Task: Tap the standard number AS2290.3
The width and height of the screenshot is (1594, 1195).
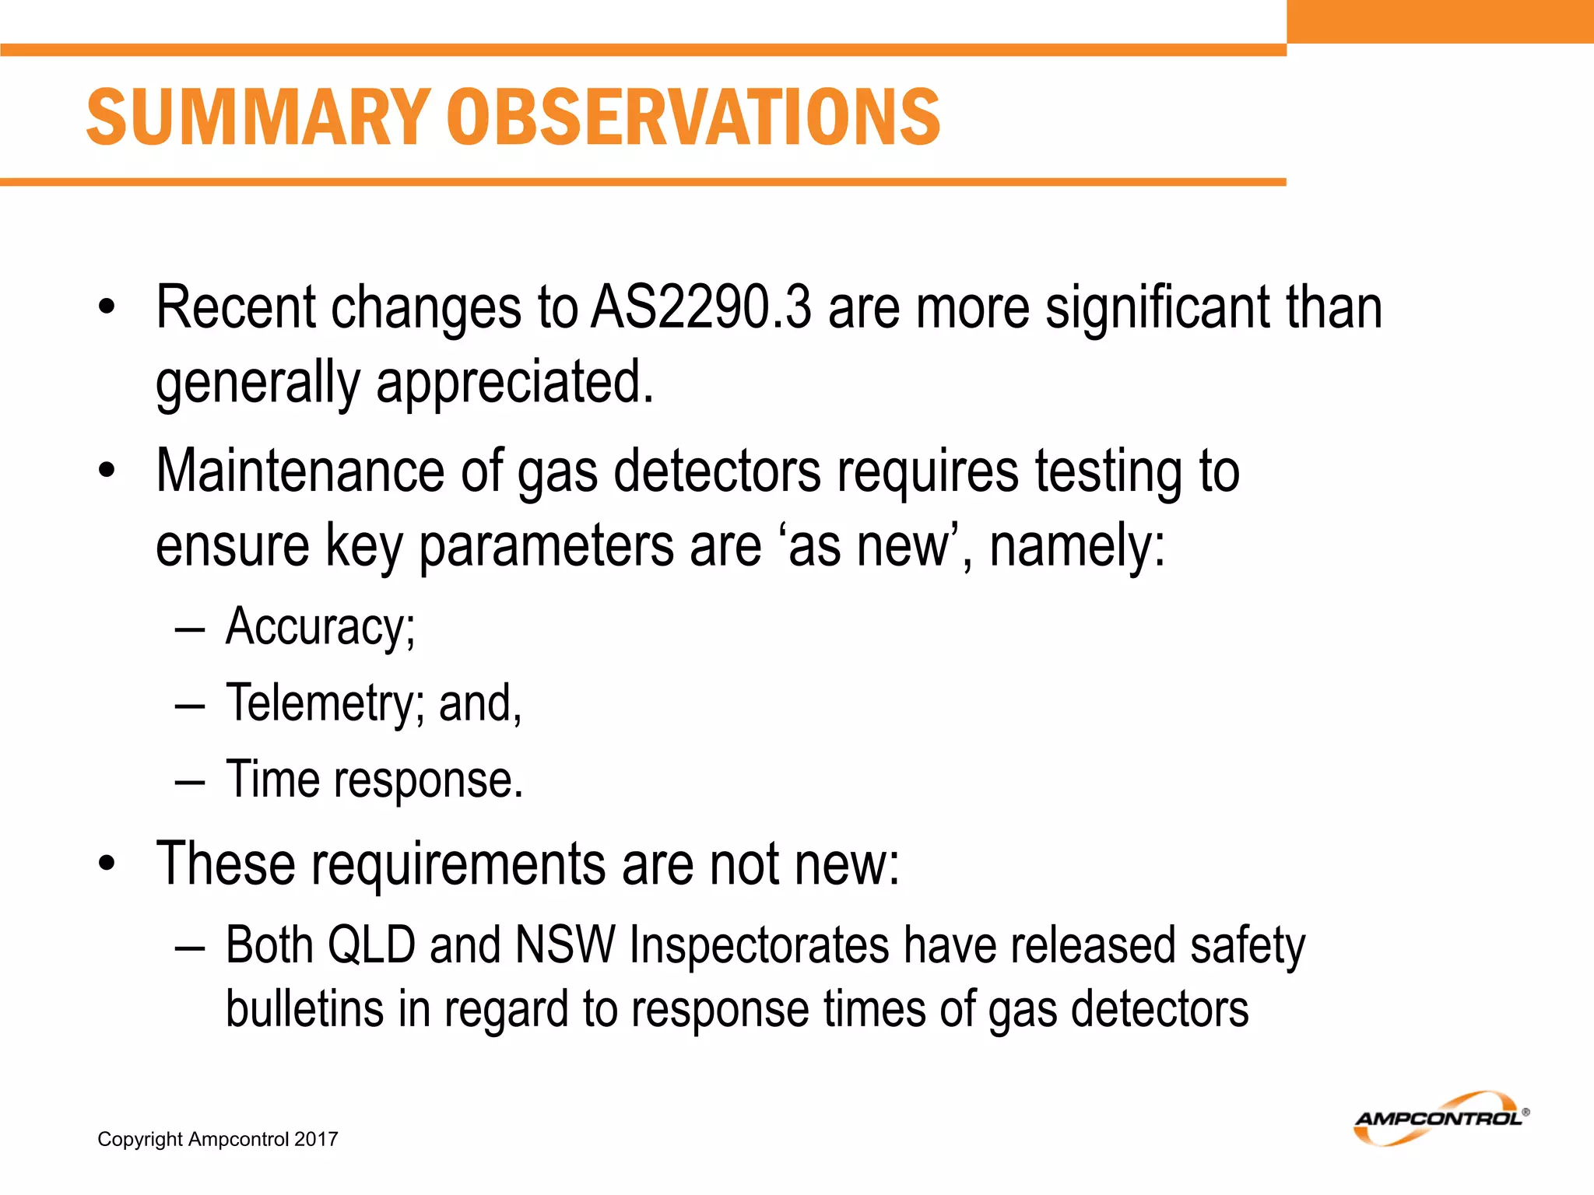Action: (x=700, y=308)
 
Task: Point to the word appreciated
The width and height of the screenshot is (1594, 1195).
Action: (x=514, y=383)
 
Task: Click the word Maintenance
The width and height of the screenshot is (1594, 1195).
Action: (x=300, y=471)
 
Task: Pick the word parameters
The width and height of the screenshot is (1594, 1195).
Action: (x=546, y=546)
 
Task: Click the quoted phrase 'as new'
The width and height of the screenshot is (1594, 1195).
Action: (x=873, y=546)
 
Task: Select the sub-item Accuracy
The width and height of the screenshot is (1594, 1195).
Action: (x=319, y=627)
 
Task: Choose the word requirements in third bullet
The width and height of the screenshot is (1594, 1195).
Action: (x=458, y=865)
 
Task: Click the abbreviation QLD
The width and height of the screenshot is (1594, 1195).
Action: (x=371, y=946)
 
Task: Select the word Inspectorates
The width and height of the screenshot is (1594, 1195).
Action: (x=759, y=946)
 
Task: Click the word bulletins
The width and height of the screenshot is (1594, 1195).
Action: (x=304, y=1010)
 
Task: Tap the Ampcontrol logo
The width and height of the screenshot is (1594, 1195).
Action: (x=1441, y=1119)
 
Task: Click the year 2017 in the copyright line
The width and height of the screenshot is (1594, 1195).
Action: (x=316, y=1140)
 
